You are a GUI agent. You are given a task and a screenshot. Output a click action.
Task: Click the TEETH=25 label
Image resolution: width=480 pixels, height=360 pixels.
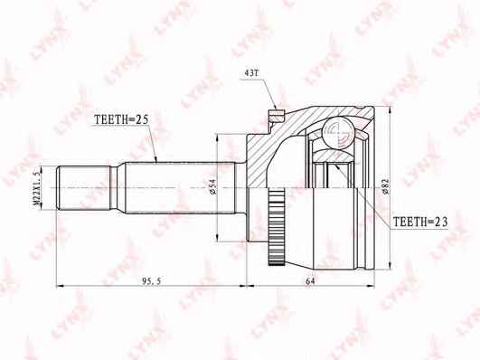(121, 119)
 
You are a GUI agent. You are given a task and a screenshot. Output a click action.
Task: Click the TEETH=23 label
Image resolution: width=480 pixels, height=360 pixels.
(420, 222)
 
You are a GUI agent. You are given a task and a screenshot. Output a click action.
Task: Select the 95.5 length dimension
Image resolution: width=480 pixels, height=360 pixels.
(152, 281)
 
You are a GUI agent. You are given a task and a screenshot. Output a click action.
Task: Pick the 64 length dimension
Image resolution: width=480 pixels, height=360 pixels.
(310, 281)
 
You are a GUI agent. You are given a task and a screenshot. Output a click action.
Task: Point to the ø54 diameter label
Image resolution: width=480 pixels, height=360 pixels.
(213, 186)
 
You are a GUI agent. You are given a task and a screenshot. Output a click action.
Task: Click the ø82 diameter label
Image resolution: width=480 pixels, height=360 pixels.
(385, 186)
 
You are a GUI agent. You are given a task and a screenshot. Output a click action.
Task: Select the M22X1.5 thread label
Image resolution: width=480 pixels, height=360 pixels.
(37, 188)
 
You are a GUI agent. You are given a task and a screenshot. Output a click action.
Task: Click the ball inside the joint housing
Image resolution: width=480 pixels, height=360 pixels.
(340, 134)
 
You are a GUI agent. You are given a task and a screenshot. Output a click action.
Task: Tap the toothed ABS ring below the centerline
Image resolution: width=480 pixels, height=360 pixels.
(277, 227)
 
